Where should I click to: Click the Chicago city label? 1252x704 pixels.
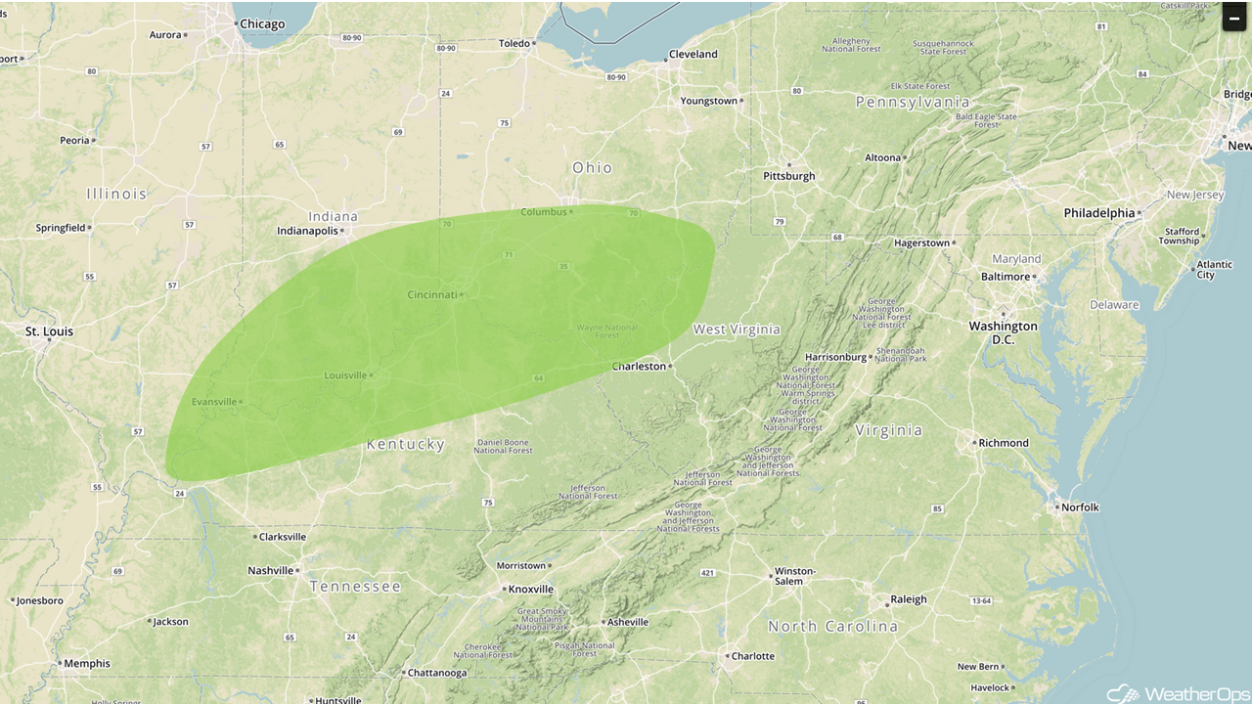click(261, 24)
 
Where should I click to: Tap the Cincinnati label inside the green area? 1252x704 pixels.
click(432, 294)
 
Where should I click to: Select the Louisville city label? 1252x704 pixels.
click(345, 375)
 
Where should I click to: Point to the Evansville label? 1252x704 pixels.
click(214, 402)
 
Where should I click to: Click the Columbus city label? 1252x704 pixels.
click(543, 212)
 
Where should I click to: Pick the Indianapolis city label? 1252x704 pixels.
click(307, 232)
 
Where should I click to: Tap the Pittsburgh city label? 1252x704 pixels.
click(788, 176)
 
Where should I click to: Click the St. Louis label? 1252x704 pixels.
click(49, 332)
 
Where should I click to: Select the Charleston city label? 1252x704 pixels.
click(638, 367)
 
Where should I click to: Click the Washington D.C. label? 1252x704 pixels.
click(1003, 332)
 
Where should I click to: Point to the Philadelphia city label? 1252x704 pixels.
click(1099, 213)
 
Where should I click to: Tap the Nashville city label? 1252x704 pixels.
click(270, 571)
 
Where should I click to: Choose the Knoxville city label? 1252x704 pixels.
click(530, 590)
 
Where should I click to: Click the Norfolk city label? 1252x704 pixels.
click(1080, 507)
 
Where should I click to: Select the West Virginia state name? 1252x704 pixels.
click(737, 330)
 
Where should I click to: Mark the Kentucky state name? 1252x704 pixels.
click(405, 445)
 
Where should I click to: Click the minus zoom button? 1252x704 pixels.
click(1234, 18)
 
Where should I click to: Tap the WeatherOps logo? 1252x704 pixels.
click(1177, 692)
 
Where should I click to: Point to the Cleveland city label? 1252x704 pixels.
click(693, 55)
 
